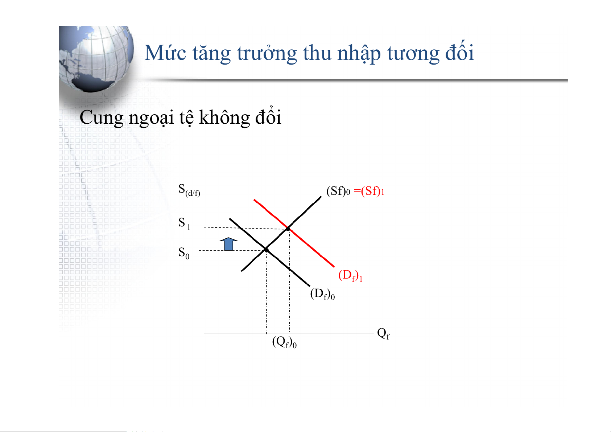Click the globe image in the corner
click(x=96, y=59)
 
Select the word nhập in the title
click(x=359, y=53)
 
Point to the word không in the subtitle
click(x=224, y=118)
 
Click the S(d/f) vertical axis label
click(x=189, y=190)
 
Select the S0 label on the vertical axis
click(x=184, y=253)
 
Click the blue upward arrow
click(x=228, y=244)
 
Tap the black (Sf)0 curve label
click(x=338, y=191)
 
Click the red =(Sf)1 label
click(x=369, y=191)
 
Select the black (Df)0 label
click(x=322, y=294)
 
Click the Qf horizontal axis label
click(x=383, y=333)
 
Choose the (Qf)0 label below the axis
click(x=284, y=342)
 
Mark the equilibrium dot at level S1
click(x=288, y=229)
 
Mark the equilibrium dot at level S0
click(x=267, y=250)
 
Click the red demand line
click(x=294, y=233)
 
